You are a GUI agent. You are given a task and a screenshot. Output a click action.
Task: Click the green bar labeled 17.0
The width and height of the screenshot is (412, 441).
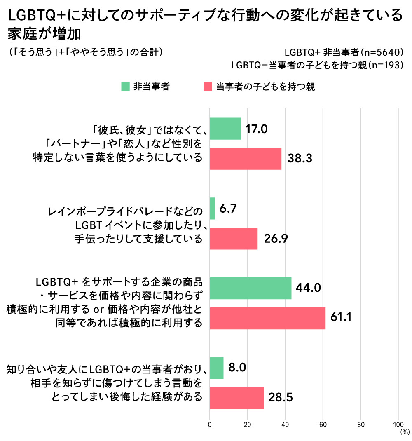pos(225,129)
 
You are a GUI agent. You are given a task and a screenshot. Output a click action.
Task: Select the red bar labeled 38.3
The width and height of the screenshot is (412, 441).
pos(246,159)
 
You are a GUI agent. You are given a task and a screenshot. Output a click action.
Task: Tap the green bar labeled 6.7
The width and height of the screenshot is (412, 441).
pos(212,209)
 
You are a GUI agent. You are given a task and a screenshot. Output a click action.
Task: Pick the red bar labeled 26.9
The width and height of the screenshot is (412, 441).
pos(234,239)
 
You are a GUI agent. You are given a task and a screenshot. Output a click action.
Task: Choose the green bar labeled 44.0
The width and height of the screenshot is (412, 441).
pos(250,289)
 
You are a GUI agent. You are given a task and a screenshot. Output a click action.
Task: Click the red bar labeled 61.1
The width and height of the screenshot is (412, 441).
pos(267,318)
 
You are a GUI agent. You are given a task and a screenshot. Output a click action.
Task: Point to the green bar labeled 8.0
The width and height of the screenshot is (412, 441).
pos(217,368)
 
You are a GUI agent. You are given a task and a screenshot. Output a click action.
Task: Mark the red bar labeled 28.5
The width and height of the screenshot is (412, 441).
pos(236,398)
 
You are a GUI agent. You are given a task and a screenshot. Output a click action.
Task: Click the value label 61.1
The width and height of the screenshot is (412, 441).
pos(341,318)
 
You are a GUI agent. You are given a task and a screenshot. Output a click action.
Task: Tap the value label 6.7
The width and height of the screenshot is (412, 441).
pos(227,209)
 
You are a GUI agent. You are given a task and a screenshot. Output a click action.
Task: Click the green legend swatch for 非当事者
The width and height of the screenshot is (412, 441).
pos(125,87)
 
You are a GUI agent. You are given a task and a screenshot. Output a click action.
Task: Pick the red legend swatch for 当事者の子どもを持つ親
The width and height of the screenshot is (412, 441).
pos(208,87)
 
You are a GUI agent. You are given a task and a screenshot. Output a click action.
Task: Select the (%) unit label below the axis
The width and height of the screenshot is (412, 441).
pos(404,432)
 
